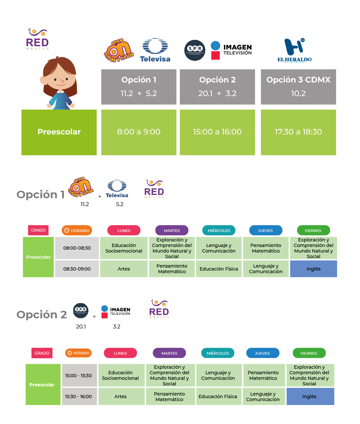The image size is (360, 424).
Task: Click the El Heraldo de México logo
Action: point(294,50)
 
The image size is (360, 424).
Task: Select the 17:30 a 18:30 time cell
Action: point(298,132)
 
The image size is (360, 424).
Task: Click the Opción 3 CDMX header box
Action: point(298,87)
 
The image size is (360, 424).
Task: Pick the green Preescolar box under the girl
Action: point(59,132)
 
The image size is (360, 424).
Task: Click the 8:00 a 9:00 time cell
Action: point(139,132)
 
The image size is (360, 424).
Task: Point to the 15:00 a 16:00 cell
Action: point(217,132)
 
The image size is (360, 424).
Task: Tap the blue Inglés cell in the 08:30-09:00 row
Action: point(314,269)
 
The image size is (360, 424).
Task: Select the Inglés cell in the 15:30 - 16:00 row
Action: point(310,396)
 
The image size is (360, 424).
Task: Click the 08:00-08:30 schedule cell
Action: point(77,248)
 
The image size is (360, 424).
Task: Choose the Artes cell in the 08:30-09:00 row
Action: point(124,269)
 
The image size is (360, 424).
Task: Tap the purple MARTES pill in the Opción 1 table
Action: point(172,230)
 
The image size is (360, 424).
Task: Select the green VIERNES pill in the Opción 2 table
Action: point(309,353)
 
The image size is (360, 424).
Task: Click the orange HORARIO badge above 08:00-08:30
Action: point(77,230)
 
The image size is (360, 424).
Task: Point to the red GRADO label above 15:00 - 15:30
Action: point(42,353)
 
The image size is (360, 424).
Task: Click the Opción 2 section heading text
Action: point(42,314)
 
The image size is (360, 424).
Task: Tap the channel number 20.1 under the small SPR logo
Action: point(81,327)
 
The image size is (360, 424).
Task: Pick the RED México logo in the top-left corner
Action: point(37,39)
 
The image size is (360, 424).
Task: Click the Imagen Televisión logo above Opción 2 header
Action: point(231,50)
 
